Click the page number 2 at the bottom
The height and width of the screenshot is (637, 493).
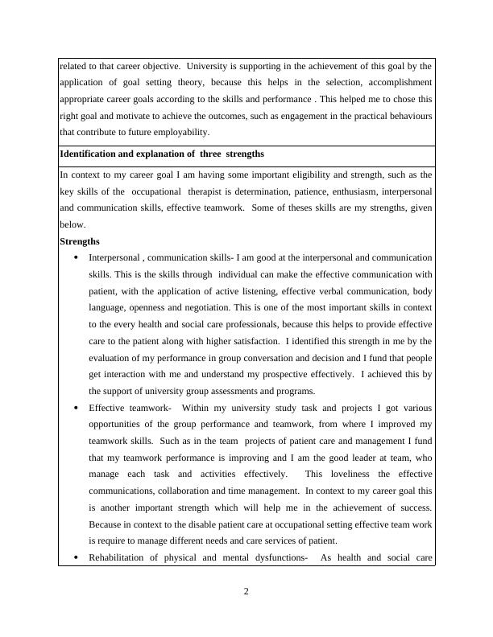246,593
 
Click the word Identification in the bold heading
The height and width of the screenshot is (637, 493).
91,153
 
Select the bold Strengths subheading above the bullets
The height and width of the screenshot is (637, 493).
80,240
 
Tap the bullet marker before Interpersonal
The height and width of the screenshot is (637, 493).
76,257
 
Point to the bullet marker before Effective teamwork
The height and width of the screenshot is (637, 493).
76,408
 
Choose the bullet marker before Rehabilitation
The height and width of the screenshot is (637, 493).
76,557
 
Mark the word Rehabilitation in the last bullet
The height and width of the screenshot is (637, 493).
118,557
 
